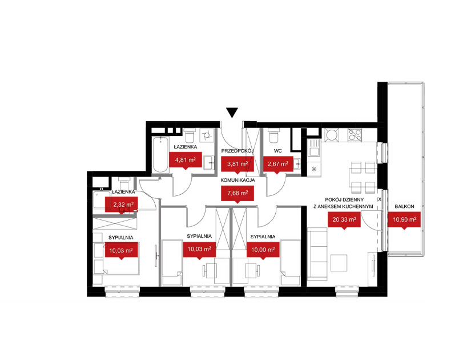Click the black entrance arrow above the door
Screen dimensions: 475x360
232,113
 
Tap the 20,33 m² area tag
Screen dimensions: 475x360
344,219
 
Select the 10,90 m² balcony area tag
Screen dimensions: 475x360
404,219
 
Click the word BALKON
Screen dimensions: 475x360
404,206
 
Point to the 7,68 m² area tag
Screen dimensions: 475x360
237,194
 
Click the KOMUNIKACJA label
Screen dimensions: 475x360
237,180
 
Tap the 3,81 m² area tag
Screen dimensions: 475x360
237,164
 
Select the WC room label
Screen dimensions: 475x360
277,151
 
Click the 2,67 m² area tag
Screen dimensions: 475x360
278,164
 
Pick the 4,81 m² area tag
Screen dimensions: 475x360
186,159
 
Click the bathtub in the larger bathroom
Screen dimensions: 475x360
160,155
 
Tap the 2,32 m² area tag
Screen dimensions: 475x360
121,205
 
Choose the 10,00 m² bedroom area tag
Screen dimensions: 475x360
263,250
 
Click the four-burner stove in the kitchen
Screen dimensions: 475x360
355,135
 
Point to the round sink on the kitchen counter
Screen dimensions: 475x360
332,135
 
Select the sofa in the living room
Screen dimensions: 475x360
317,254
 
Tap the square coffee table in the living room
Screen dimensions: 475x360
339,263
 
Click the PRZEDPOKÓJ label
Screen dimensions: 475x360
237,151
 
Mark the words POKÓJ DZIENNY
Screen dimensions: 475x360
344,200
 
